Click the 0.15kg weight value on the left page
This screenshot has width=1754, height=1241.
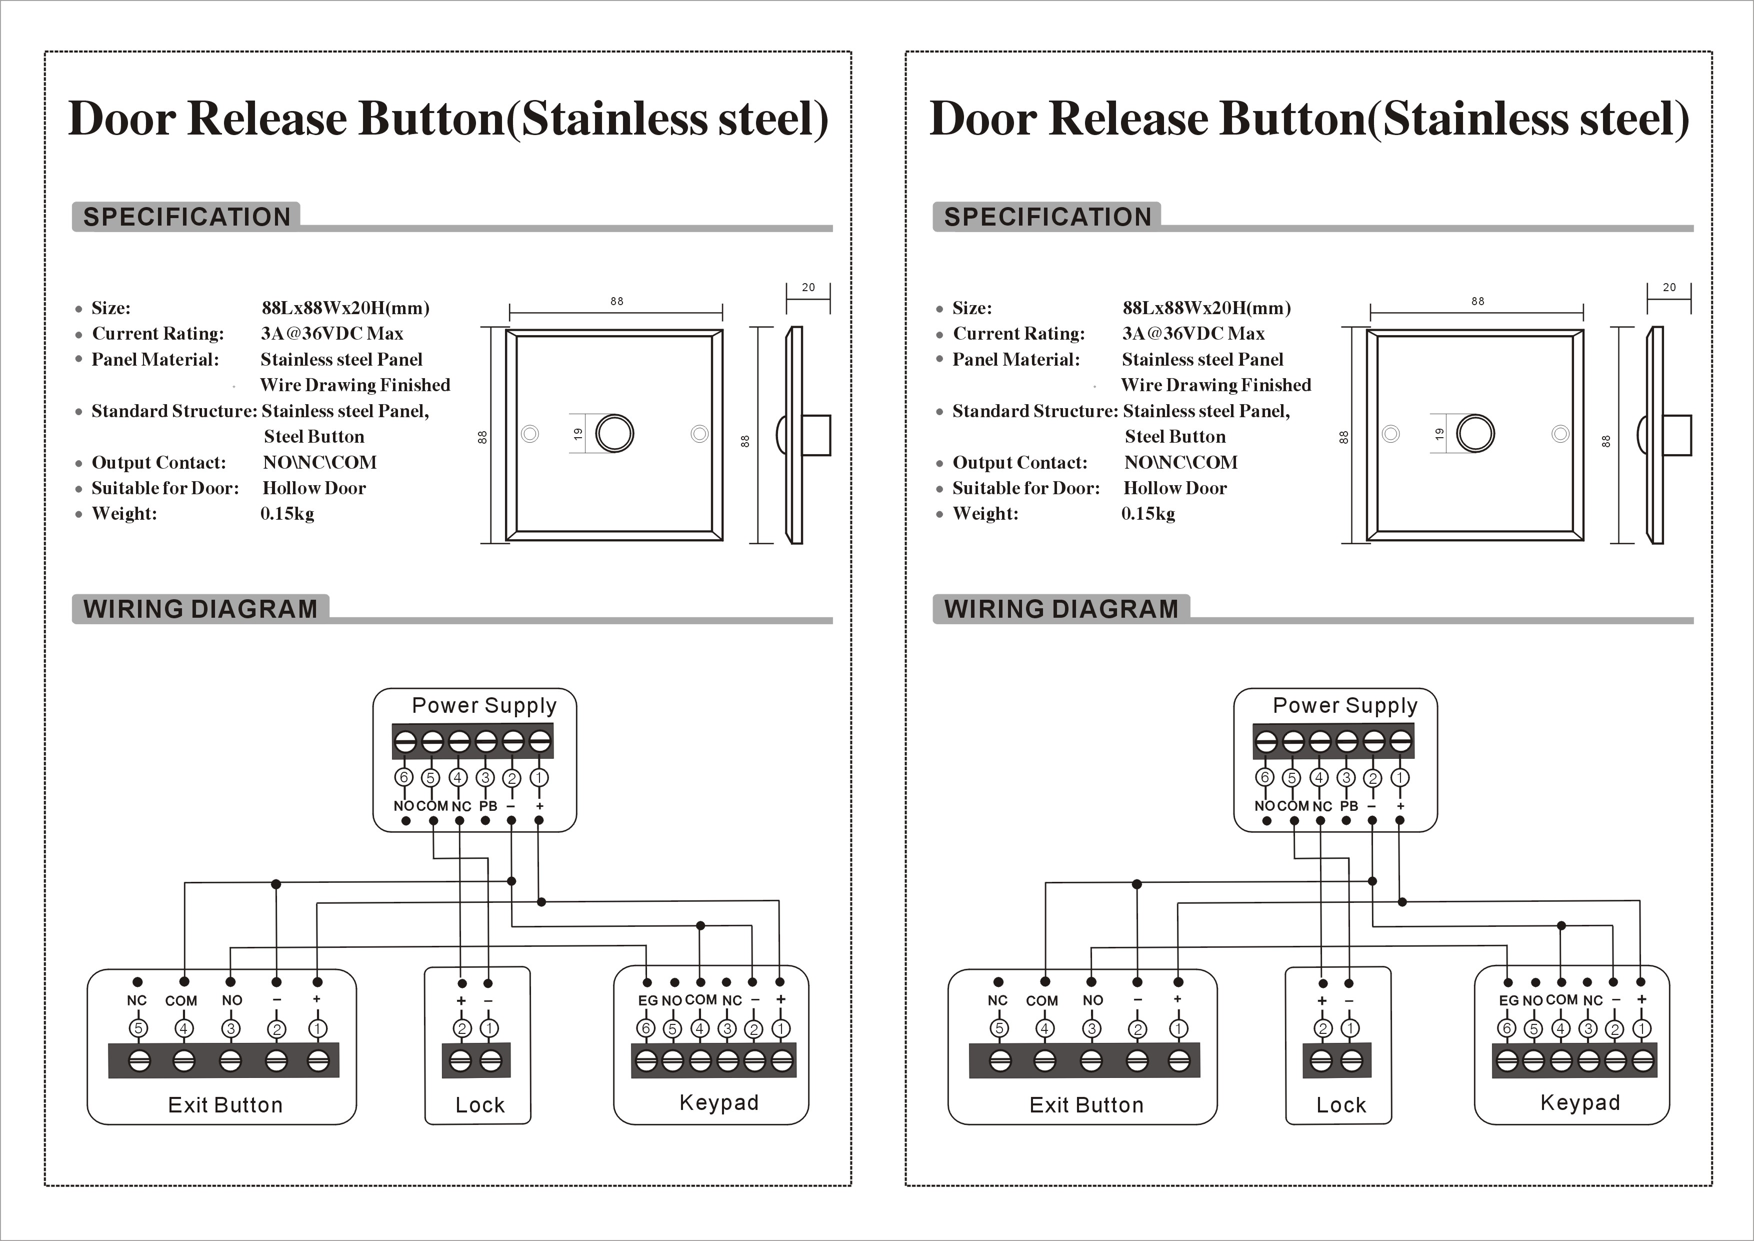(287, 514)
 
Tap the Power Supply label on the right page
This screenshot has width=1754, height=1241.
(1344, 705)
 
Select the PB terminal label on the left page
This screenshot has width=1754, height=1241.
(488, 806)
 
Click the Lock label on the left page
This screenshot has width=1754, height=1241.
(480, 1105)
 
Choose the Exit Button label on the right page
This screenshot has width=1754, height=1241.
(1086, 1105)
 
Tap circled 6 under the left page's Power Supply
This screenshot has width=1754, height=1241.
(404, 777)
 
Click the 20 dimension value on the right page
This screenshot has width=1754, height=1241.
(1669, 287)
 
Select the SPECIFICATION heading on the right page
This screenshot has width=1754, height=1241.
(1047, 217)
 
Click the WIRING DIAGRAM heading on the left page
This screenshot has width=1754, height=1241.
(200, 609)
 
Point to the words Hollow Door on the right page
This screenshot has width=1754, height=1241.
(1175, 488)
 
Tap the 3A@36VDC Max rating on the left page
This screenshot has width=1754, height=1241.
(331, 333)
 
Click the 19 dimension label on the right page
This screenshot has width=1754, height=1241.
(1439, 433)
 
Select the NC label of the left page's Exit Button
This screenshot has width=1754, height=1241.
(136, 1000)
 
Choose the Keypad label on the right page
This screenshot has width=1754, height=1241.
(1580, 1102)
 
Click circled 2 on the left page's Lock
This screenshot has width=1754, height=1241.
(462, 1028)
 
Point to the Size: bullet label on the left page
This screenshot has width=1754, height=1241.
(111, 308)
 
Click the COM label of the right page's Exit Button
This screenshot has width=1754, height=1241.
(1042, 1001)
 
